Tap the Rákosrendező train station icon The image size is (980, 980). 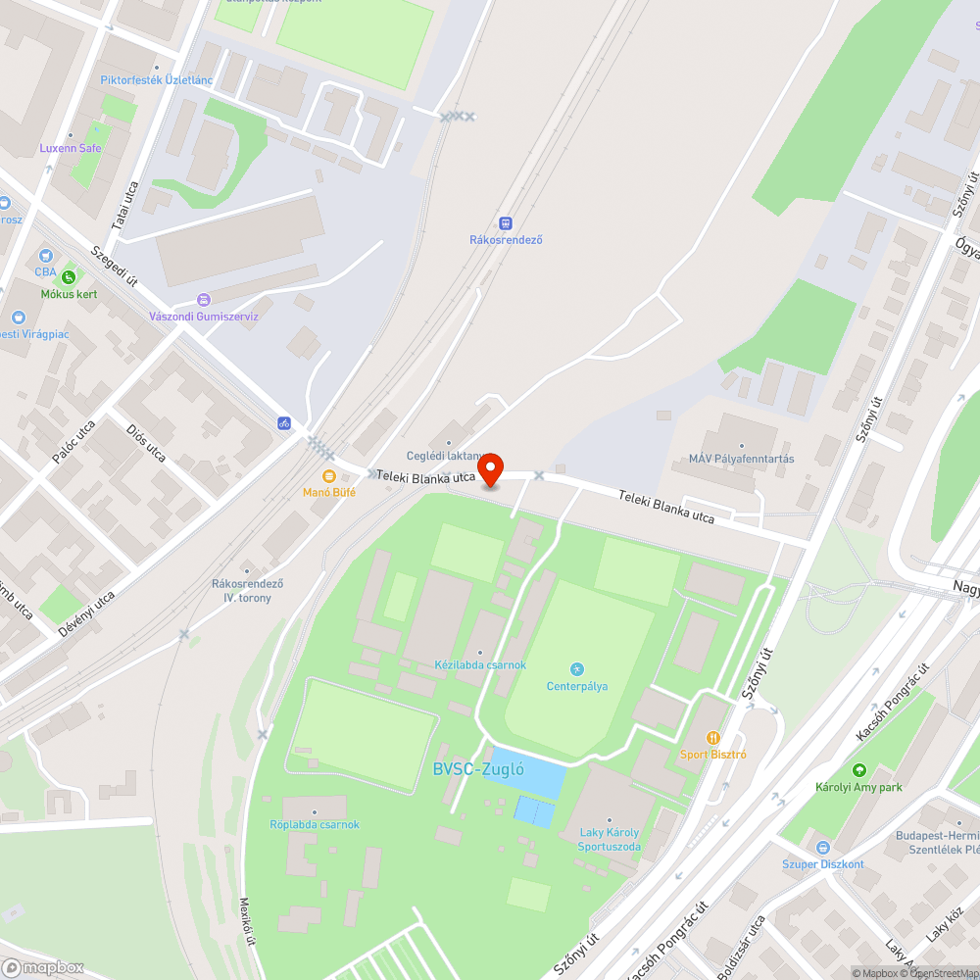tap(506, 223)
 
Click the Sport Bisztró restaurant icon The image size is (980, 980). tap(713, 737)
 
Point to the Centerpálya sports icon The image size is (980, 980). tap(577, 669)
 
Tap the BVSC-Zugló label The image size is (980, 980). tap(478, 769)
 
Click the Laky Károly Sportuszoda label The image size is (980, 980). tap(609, 840)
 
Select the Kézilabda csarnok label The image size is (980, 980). tap(480, 664)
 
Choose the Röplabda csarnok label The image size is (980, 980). tap(315, 824)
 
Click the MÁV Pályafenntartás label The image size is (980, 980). tap(741, 459)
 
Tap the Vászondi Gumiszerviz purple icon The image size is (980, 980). tap(203, 299)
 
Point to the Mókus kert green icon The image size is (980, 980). tap(68, 277)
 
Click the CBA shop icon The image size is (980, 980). tap(46, 255)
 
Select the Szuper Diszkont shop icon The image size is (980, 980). tap(822, 847)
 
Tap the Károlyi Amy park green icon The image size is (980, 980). tap(859, 770)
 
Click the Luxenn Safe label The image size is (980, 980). tap(71, 148)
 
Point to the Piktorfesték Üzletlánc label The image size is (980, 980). tap(157, 80)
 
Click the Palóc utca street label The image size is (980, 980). tap(73, 441)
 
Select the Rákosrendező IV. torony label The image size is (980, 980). tap(247, 590)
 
